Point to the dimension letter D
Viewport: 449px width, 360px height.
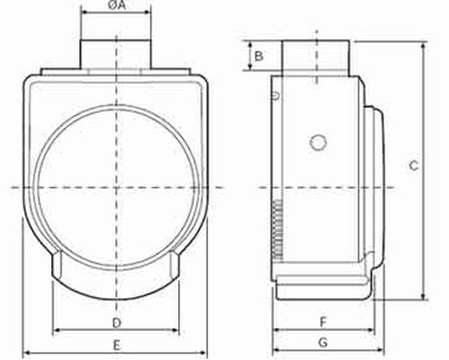point(117,322)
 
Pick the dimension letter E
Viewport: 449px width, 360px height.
point(117,344)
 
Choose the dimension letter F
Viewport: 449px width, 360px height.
point(322,322)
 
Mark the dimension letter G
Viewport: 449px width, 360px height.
point(322,344)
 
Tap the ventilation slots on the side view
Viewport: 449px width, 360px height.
point(276,230)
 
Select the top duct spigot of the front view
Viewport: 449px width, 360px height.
point(117,53)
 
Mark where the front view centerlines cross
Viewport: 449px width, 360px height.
point(117,186)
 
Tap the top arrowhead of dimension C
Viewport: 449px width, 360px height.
point(423,44)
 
